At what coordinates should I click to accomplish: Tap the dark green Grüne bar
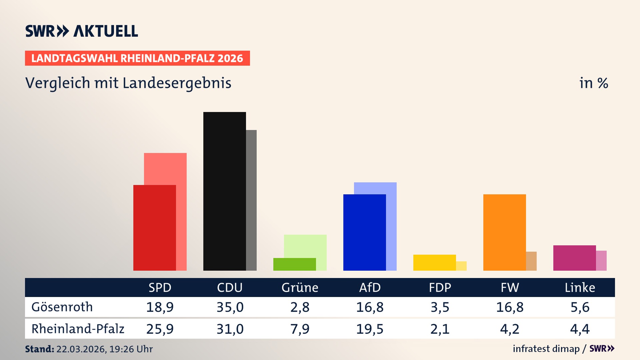(294, 264)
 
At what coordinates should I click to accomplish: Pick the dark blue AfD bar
(364, 232)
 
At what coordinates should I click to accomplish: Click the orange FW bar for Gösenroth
(504, 232)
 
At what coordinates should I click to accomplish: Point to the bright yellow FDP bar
(434, 263)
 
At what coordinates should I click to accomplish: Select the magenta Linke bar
(574, 258)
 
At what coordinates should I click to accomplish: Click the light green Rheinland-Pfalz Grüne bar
(305, 246)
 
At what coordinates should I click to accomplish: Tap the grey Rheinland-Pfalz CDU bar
(251, 200)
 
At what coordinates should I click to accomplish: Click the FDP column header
(440, 288)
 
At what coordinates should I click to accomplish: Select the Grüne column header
(300, 288)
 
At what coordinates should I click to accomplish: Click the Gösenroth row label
(62, 307)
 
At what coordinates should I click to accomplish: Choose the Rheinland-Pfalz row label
(78, 329)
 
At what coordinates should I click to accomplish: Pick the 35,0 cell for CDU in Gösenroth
(230, 307)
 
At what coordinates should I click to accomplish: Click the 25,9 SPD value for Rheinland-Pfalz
(160, 329)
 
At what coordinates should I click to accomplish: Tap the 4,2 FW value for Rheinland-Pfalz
(510, 329)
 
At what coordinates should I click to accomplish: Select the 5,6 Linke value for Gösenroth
(580, 307)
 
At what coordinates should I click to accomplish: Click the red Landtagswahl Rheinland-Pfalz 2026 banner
(137, 58)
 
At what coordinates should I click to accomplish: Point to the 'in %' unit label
(593, 83)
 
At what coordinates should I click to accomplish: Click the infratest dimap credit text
(546, 349)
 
